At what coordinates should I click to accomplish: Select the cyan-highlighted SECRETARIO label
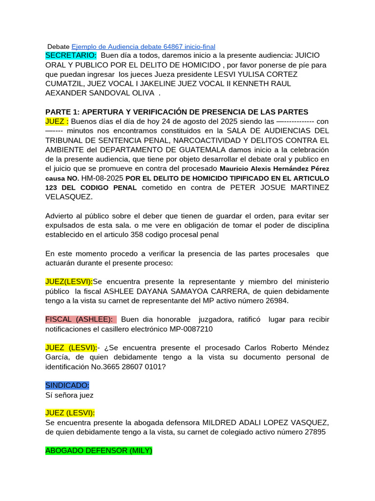click(x=71, y=55)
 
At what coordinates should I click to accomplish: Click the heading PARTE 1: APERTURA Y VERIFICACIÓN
click(x=177, y=112)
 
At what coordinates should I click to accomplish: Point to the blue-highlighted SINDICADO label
click(x=67, y=386)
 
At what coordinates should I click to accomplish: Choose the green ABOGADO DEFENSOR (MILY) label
click(x=99, y=451)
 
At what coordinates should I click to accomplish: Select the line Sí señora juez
click(x=69, y=395)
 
